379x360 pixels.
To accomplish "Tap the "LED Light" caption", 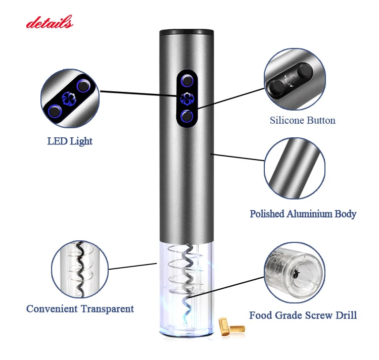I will tap(70, 141).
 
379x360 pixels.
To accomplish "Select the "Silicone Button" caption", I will tap(302, 120).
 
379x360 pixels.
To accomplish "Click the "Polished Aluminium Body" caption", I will tap(303, 214).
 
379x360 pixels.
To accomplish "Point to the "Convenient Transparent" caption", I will tap(80, 308).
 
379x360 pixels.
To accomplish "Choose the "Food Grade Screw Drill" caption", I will tap(303, 316).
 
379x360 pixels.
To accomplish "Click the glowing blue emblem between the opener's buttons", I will tap(187, 98).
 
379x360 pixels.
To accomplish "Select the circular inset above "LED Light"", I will tap(70, 99).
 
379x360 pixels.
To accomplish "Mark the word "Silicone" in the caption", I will tap(287, 120).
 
